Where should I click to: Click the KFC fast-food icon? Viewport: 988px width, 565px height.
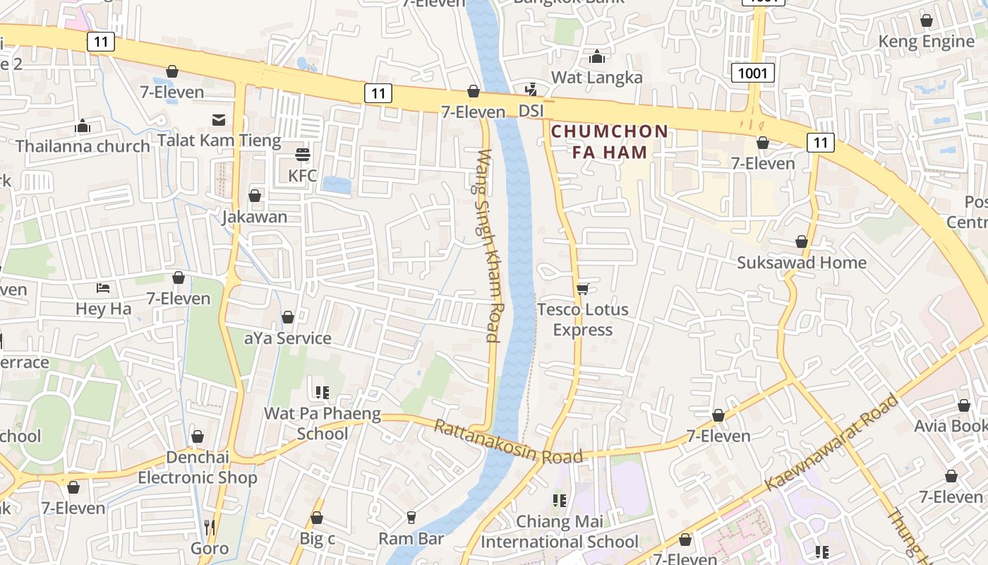pos(303,155)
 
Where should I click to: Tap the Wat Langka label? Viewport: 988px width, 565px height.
pos(596,77)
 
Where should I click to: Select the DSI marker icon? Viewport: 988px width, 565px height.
pos(531,90)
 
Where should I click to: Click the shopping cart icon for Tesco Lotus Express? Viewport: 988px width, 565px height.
pos(582,289)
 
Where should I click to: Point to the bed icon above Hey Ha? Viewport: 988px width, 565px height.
pos(103,288)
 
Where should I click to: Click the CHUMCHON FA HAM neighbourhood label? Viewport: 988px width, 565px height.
pos(609,141)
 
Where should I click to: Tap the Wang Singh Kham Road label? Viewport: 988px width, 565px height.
pos(488,245)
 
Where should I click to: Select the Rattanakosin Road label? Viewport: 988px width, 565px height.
pos(507,442)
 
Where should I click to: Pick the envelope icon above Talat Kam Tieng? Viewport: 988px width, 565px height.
pos(219,120)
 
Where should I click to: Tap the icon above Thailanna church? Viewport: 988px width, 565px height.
pos(83,126)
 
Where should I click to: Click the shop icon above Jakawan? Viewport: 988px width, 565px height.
pos(255,196)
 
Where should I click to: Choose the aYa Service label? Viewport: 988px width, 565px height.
pos(287,338)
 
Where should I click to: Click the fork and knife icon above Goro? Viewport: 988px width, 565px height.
pos(210,527)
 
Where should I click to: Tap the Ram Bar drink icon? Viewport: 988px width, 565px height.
pos(411,518)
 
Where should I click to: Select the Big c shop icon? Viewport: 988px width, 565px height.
pos(317,518)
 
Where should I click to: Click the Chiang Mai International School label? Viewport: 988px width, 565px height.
pos(559,532)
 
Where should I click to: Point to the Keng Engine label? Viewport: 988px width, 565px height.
pos(926,42)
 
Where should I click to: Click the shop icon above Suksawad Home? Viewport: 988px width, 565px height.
pos(802,242)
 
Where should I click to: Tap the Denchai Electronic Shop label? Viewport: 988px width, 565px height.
pos(198,468)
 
